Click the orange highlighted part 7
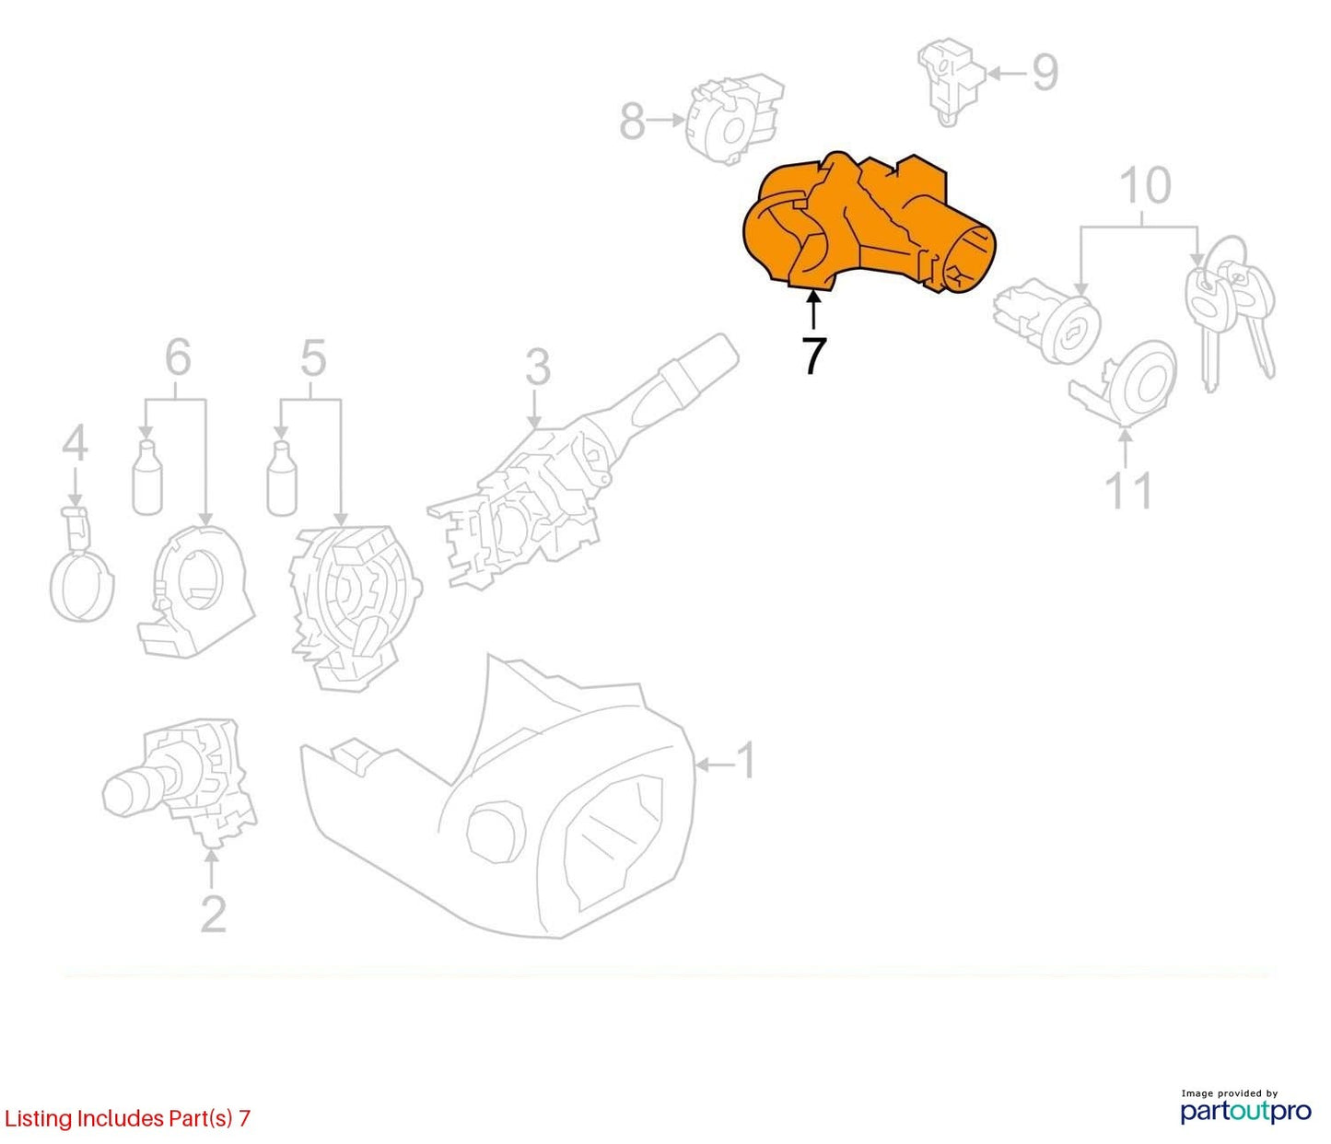pos(863,226)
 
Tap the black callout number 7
pos(813,356)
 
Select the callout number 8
pos(632,121)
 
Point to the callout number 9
pos(1045,73)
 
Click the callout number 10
pos(1145,185)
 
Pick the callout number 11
pos(1127,492)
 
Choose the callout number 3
pos(538,367)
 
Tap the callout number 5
pos(313,358)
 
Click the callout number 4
pos(75,443)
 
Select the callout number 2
pos(213,913)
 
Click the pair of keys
pos(1230,315)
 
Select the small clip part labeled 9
pos(952,81)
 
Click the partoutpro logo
pos(1246,1112)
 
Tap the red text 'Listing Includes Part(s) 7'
pos(126,1118)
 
